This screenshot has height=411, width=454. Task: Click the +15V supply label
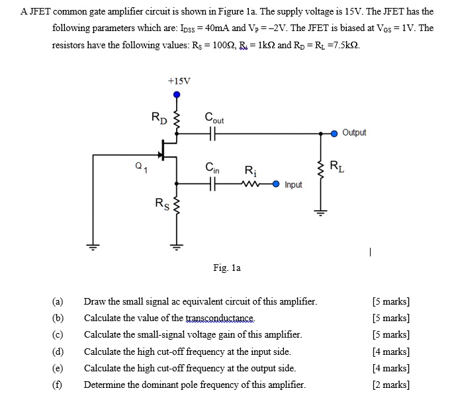click(x=179, y=81)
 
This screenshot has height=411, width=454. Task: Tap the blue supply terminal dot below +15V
click(x=176, y=94)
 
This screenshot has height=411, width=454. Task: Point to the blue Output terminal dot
click(x=334, y=133)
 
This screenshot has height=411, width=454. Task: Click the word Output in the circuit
click(x=355, y=133)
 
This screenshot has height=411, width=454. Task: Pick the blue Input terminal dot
click(x=275, y=184)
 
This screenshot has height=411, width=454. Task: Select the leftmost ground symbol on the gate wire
click(x=92, y=246)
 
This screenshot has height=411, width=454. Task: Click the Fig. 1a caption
click(x=227, y=268)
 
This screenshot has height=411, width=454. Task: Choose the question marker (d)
click(x=58, y=352)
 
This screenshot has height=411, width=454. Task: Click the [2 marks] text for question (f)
click(x=390, y=385)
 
